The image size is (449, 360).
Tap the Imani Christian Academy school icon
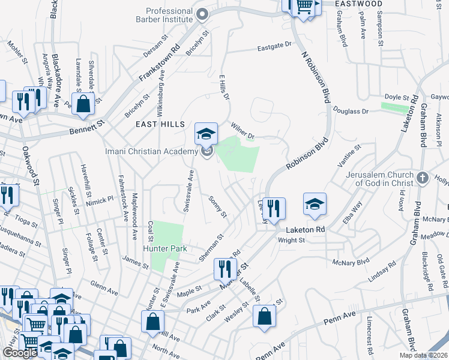(206, 133)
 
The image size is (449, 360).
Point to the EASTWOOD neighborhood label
(358, 4)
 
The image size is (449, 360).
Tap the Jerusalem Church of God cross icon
(423, 178)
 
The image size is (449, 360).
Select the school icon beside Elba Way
(315, 203)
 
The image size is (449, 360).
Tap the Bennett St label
(88, 127)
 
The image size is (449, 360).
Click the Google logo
(20, 352)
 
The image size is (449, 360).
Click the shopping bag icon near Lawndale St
(83, 103)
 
